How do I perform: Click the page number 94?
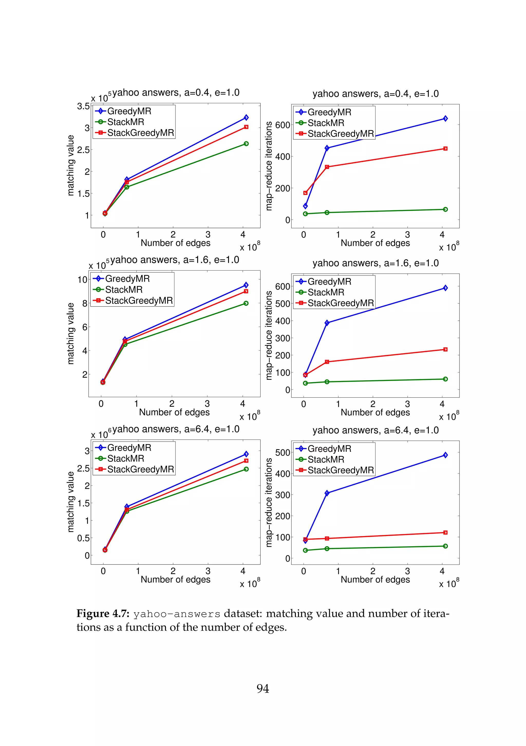(x=263, y=688)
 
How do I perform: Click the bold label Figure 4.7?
(x=103, y=614)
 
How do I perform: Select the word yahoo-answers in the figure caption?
(x=177, y=614)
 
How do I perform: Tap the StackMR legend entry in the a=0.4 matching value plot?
(x=126, y=122)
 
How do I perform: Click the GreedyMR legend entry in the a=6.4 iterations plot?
(x=329, y=449)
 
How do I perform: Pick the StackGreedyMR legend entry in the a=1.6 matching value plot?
(x=139, y=301)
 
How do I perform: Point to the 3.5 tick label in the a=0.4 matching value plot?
(x=83, y=106)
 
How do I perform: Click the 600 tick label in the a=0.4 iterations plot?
(x=282, y=125)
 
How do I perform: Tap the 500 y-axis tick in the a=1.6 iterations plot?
(x=282, y=304)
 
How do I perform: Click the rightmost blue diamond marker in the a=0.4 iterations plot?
(x=445, y=119)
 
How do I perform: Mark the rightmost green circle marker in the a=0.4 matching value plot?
(x=246, y=144)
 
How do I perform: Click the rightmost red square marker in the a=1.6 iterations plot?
(x=445, y=349)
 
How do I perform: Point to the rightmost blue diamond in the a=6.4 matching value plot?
(x=246, y=454)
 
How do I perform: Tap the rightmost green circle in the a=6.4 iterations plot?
(x=445, y=546)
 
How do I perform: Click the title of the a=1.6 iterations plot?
(x=375, y=263)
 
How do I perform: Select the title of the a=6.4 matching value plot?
(x=176, y=429)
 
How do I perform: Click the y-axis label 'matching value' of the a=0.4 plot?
(x=71, y=165)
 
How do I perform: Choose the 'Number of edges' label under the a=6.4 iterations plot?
(x=375, y=579)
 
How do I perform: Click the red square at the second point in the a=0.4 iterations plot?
(x=327, y=167)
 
